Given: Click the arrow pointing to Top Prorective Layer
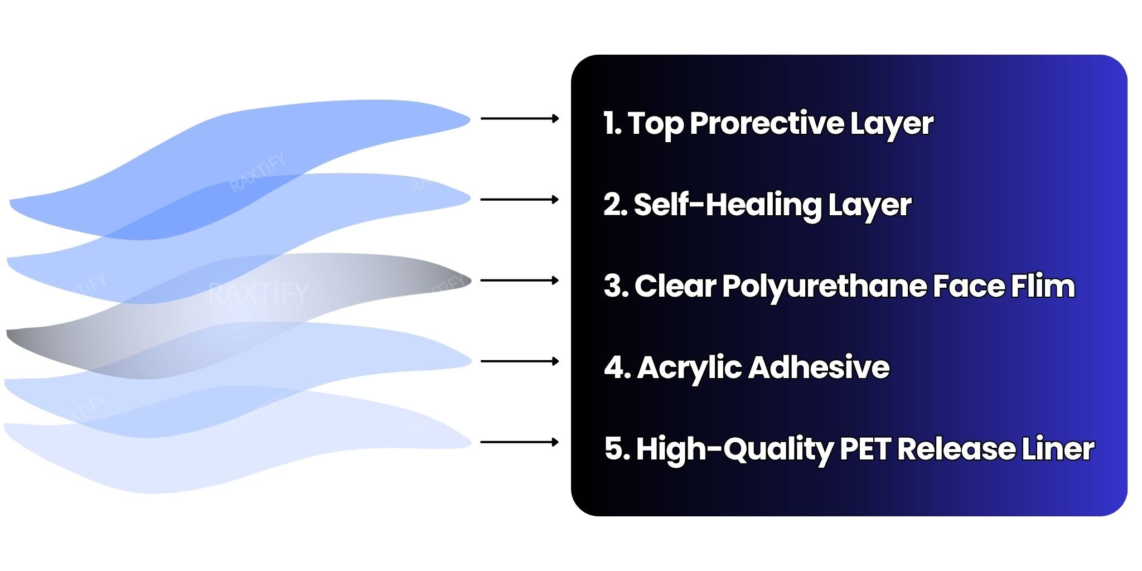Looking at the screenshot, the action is pyautogui.click(x=520, y=118).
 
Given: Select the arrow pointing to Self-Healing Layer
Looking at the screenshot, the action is pyautogui.click(x=520, y=199).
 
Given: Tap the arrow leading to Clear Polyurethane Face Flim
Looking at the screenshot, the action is pyautogui.click(x=520, y=280).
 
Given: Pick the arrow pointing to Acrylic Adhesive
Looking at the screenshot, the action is pyautogui.click(x=520, y=361).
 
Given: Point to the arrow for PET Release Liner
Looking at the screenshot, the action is pyautogui.click(x=520, y=442).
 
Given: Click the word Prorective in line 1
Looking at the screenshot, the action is pyautogui.click(x=766, y=124).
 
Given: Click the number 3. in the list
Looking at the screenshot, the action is pyautogui.click(x=617, y=286).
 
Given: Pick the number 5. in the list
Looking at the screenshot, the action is pyautogui.click(x=617, y=449).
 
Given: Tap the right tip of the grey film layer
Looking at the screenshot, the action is pyautogui.click(x=471, y=280).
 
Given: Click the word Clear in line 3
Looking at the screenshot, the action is pyautogui.click(x=675, y=286).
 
